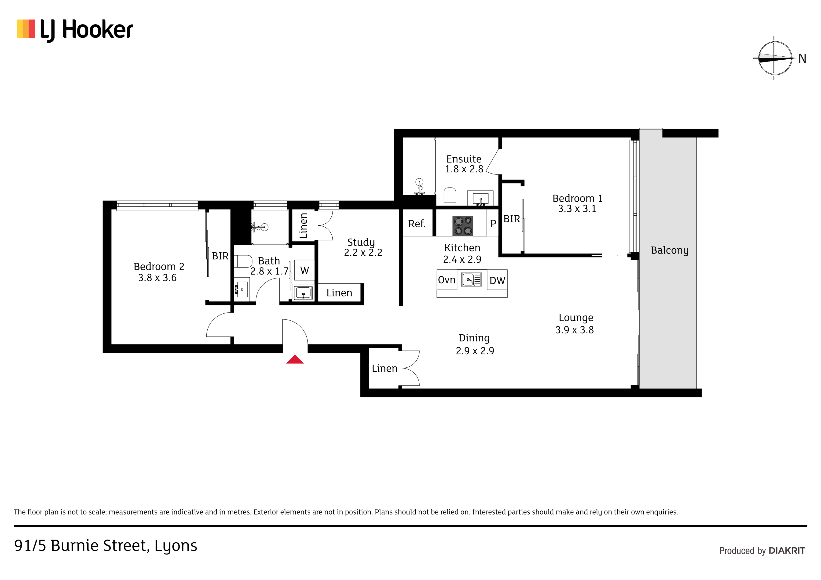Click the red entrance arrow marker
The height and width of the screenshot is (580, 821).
point(295,359)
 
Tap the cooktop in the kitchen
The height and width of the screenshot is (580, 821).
point(463,226)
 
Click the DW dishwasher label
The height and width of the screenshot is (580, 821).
point(497,281)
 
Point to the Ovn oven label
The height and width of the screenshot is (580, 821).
point(447,280)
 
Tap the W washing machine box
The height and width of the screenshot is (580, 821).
point(304,270)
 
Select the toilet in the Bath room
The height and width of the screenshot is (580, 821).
point(243,261)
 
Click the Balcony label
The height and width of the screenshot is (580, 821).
point(669,250)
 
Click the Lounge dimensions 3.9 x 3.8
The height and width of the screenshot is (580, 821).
point(574,330)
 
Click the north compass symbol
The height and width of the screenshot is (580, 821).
point(774,58)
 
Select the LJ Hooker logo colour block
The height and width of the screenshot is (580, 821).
point(26,29)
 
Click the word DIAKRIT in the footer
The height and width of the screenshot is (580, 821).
point(787,551)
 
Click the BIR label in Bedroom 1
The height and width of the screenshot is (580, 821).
point(512,219)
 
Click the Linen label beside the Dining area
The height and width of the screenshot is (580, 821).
point(384,368)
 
